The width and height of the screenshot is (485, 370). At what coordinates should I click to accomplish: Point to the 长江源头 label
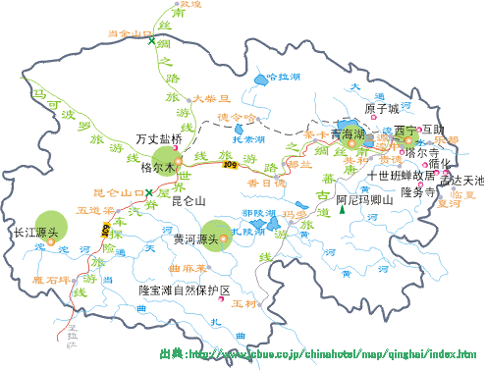pos(37,235)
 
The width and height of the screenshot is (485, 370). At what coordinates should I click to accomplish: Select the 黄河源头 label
pos(194,239)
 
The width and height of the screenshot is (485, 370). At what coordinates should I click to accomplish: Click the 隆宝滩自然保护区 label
pos(184,291)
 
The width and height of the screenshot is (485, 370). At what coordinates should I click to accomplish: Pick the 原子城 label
pos(383,109)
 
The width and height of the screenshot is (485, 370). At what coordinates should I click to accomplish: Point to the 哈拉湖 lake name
pos(283,76)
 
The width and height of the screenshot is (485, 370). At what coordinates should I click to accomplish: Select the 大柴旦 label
pos(210,98)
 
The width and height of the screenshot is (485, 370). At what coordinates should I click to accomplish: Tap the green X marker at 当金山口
pos(151,41)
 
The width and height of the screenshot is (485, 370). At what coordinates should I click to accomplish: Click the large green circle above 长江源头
pos(52,221)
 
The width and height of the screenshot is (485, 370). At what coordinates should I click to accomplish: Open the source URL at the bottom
pos(318,353)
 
